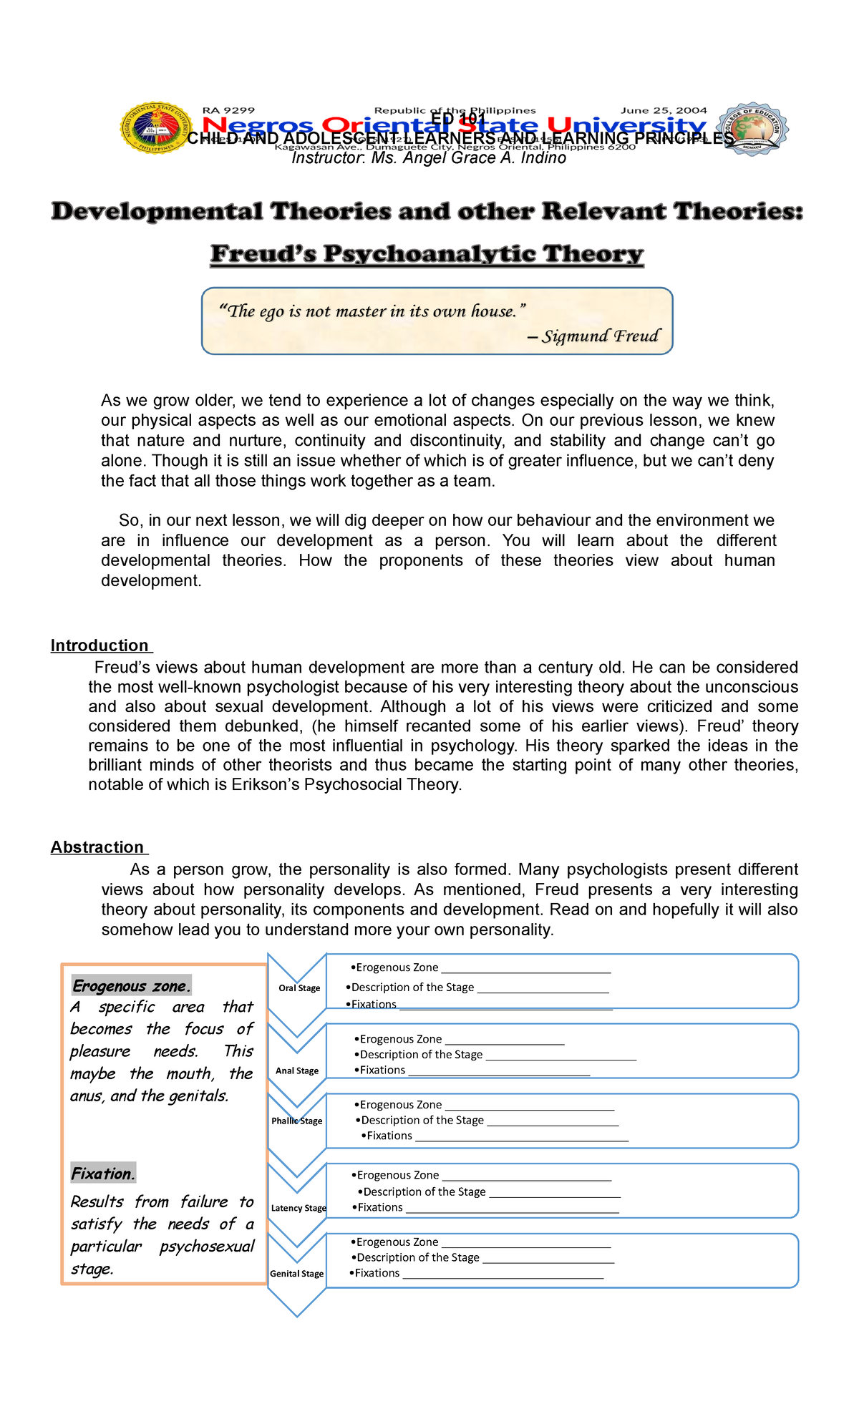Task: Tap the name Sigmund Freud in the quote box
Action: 600,336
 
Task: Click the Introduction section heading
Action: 100,645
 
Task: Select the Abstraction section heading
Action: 97,847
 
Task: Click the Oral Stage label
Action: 299,988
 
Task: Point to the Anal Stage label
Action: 297,1071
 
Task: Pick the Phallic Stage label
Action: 297,1121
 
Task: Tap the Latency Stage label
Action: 299,1208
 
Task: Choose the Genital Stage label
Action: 297,1274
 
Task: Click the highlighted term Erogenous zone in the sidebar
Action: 132,986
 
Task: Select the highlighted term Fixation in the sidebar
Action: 103,1174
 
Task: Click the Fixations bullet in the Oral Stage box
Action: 374,1005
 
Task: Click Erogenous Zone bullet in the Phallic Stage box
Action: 400,1105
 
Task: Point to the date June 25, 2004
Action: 664,110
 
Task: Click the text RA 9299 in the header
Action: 228,110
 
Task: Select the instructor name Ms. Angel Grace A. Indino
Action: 469,158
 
